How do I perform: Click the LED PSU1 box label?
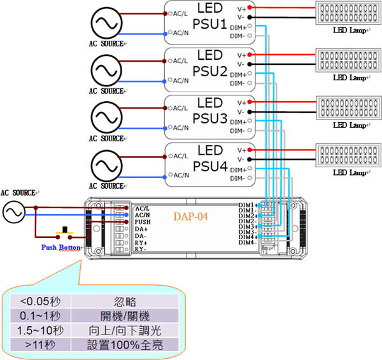[209, 18]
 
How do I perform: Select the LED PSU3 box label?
[209, 111]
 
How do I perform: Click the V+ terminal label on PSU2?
[241, 55]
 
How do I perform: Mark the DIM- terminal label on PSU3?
[237, 131]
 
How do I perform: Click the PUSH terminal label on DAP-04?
[143, 223]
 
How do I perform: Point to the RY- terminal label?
[141, 250]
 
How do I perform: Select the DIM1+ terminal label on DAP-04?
[247, 205]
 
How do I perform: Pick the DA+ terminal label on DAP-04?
[141, 230]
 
